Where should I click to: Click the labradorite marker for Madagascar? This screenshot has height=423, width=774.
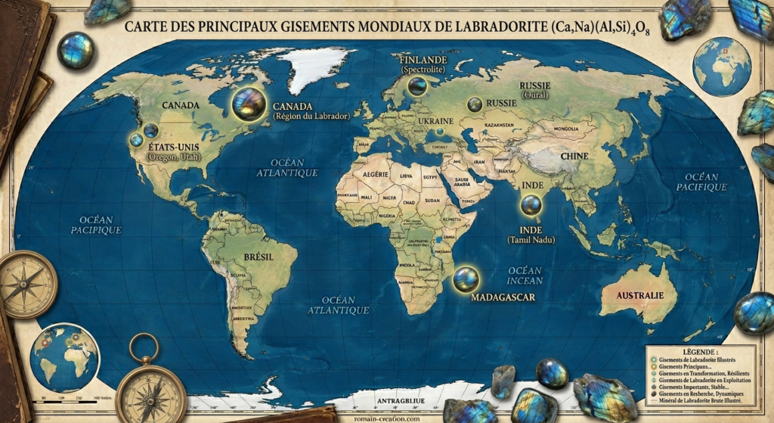[466, 279]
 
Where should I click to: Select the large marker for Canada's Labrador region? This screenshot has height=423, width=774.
[249, 104]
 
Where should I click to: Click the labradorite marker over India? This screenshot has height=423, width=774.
[531, 204]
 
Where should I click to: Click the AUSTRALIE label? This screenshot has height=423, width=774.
[640, 294]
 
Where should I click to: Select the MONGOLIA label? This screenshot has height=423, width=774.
[565, 129]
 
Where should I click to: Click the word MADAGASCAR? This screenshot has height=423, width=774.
[503, 297]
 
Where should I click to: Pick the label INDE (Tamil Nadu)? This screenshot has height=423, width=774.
[531, 234]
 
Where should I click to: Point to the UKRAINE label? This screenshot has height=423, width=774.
[436, 121]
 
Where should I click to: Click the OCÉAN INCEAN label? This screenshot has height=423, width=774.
[525, 275]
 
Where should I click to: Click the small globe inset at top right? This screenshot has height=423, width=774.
[721, 67]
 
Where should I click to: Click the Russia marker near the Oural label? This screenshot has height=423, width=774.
[475, 105]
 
